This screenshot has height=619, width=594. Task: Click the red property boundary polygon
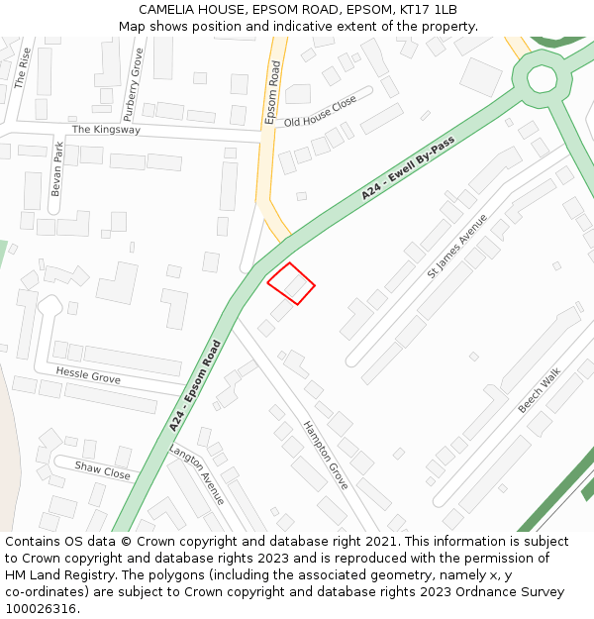pyautogui.click(x=291, y=283)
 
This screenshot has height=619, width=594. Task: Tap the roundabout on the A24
pyautogui.click(x=542, y=77)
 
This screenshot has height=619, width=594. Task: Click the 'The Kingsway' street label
pyautogui.click(x=106, y=130)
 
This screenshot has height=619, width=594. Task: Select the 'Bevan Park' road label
pyautogui.click(x=57, y=168)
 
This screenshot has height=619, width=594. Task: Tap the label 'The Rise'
pyautogui.click(x=22, y=67)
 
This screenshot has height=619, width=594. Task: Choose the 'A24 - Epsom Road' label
pyautogui.click(x=194, y=385)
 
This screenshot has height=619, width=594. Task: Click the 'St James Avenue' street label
pyautogui.click(x=456, y=246)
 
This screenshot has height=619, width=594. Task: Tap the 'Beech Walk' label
pyautogui.click(x=539, y=390)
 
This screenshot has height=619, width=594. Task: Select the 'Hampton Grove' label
pyautogui.click(x=325, y=455)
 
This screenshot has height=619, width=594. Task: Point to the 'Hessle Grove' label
pyautogui.click(x=88, y=375)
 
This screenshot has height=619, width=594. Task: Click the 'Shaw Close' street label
pyautogui.click(x=102, y=469)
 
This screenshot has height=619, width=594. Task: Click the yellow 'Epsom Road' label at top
pyautogui.click(x=273, y=91)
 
